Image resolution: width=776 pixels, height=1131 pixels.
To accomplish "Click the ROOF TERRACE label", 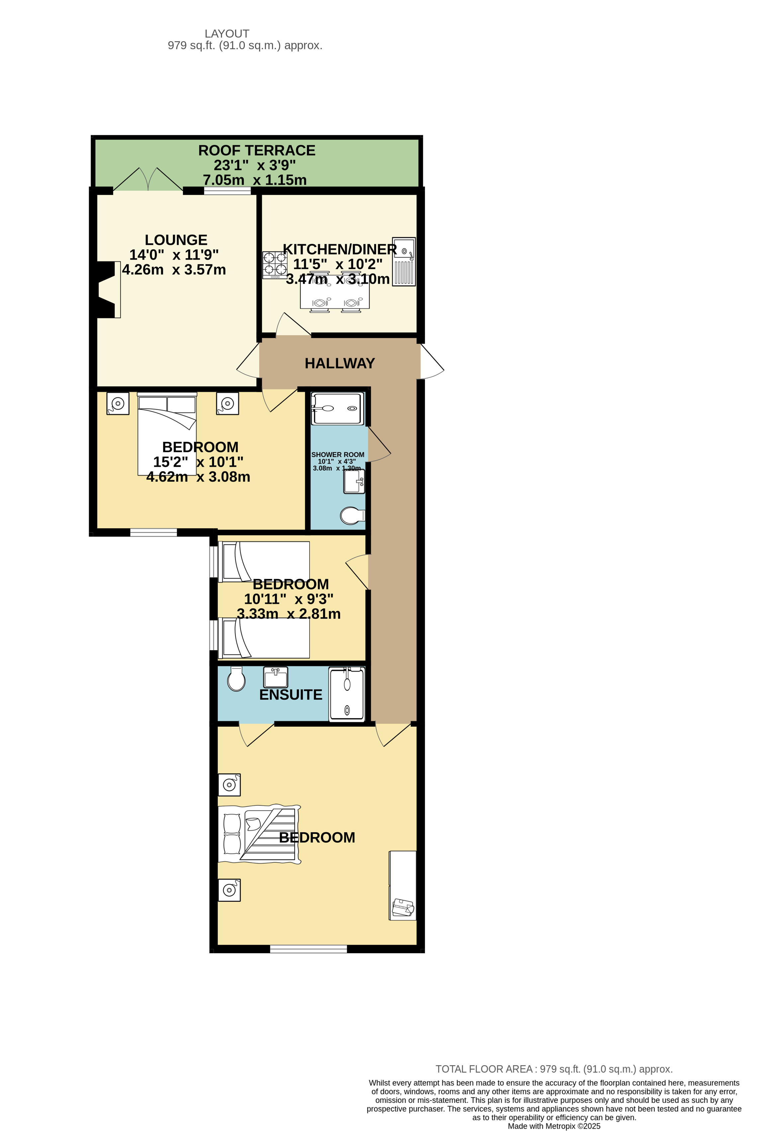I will tap(256, 151).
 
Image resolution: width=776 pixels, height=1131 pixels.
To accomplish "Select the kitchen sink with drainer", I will tap(404, 261).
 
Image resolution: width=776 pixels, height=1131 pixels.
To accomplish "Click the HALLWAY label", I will tap(339, 363).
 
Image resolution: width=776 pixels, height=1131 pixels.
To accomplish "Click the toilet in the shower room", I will tap(352, 515).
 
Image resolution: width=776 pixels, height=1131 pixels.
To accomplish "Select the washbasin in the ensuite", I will tap(275, 676).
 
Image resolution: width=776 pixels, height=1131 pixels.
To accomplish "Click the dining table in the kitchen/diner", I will tap(335, 292).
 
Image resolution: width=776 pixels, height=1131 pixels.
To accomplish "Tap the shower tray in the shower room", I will tap(337, 408).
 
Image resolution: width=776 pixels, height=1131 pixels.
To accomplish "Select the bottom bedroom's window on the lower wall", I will tap(309, 949).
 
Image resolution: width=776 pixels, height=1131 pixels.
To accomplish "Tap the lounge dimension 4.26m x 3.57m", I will tap(174, 269).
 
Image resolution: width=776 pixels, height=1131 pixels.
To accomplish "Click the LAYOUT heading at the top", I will tap(227, 34).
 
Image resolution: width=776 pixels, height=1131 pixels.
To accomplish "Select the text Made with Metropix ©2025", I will tap(554, 1126).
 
